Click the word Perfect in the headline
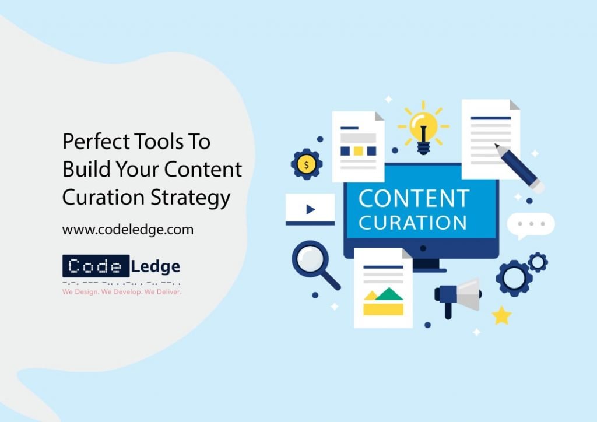(96, 141)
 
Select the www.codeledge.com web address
(128, 230)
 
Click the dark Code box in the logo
(96, 266)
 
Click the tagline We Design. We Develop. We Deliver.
(122, 292)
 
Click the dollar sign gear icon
(307, 165)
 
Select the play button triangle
(310, 209)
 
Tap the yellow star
(501, 316)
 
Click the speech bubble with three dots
(531, 225)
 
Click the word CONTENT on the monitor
(414, 198)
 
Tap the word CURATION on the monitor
(413, 223)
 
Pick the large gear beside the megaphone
(514, 278)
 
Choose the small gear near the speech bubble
(538, 262)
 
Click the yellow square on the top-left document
(359, 151)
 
